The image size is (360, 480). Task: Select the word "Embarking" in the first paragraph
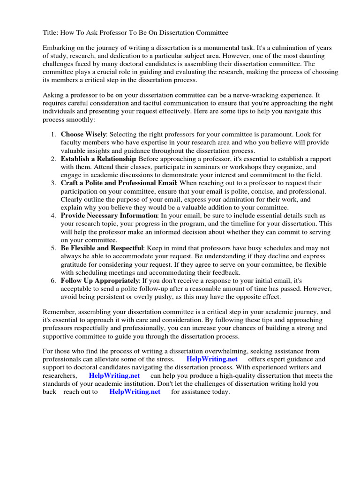click(59, 48)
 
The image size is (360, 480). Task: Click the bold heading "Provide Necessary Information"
click(109, 215)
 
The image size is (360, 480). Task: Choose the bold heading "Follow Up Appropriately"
click(99, 280)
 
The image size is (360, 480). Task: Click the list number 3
click(53, 183)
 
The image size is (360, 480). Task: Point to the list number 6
click(53, 280)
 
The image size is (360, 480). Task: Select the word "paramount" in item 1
click(268, 135)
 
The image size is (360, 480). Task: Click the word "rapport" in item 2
click(318, 159)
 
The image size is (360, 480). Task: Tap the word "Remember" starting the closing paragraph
click(58, 312)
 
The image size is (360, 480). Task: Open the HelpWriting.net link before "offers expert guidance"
click(212, 360)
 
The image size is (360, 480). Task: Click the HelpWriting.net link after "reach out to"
click(135, 392)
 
